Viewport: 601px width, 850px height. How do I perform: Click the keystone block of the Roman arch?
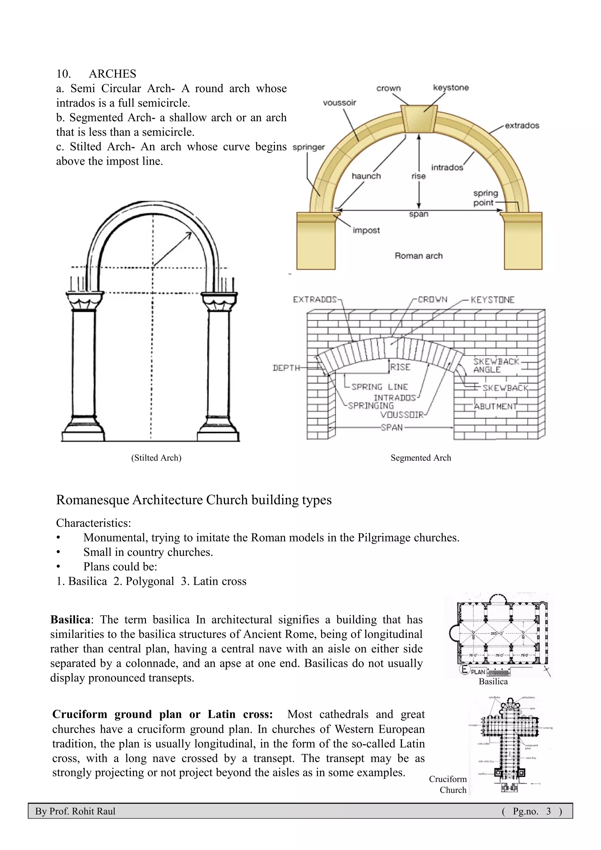[x=418, y=119]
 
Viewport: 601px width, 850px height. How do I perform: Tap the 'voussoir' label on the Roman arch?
[x=339, y=102]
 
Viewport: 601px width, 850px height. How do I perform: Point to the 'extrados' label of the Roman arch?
[x=522, y=126]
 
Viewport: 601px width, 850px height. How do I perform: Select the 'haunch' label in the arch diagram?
[x=366, y=176]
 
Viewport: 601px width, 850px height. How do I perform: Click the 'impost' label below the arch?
[x=366, y=230]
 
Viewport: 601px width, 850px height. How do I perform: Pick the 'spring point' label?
[x=485, y=198]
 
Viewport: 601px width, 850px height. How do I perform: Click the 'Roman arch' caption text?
[x=418, y=256]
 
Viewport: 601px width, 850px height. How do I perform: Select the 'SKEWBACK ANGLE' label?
[x=496, y=365]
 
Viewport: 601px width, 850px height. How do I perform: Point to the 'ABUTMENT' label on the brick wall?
[x=496, y=406]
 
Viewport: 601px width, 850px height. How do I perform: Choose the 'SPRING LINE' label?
[x=379, y=387]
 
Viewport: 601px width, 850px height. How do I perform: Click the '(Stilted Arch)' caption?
[x=156, y=458]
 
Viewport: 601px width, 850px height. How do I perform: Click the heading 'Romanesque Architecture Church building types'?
[x=194, y=500]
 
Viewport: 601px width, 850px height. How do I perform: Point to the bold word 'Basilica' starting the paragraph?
[x=70, y=620]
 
